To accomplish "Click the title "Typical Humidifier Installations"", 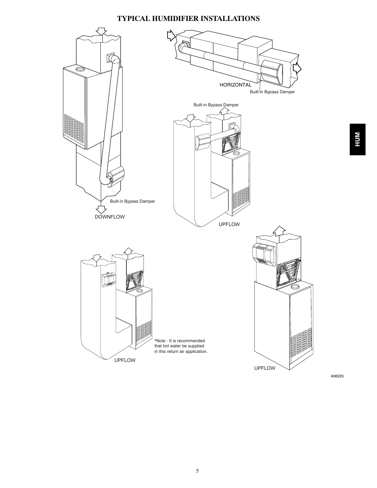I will [188, 19].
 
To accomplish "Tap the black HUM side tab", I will [357, 139].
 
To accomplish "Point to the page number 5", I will [197, 471].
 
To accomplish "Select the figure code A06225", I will [337, 376].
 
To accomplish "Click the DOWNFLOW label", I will [109, 217].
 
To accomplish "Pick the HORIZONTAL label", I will [235, 85].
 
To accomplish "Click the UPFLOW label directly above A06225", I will [264, 368].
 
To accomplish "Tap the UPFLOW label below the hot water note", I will [125, 360].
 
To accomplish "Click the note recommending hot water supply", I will [181, 346].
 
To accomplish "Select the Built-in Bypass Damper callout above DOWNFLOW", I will [132, 201].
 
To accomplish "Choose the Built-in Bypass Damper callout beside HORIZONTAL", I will [272, 92].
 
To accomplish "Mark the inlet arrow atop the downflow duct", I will [102, 32].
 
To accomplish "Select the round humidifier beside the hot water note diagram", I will [108, 280].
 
